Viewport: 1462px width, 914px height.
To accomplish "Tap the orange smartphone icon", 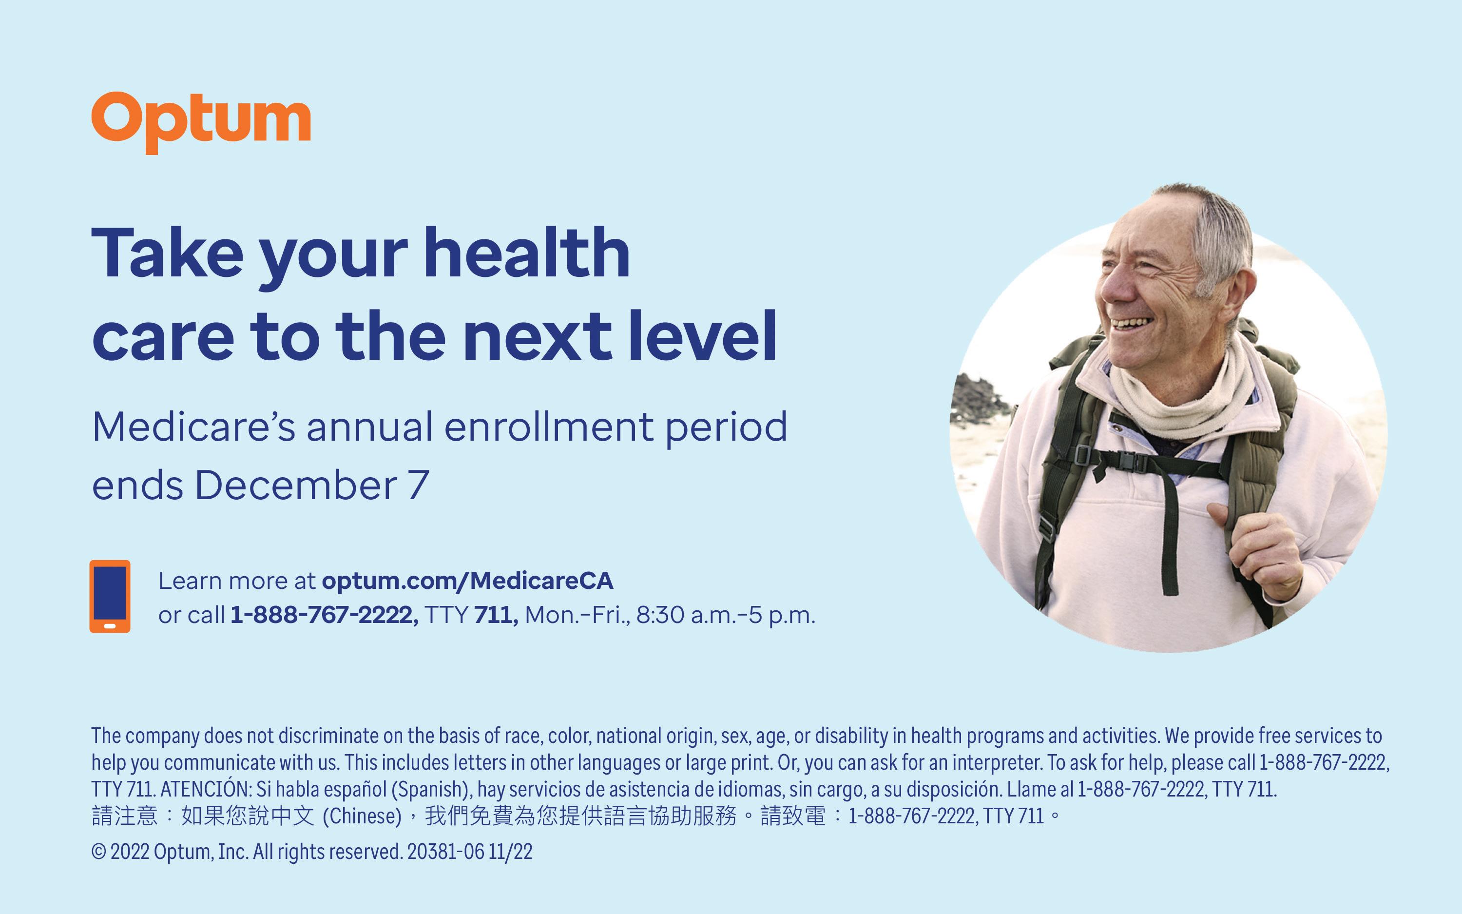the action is (x=110, y=597).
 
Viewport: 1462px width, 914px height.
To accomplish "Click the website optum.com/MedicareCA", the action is (x=468, y=581).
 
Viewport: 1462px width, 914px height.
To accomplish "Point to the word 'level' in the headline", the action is (x=702, y=335).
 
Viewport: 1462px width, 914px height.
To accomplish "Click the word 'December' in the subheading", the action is (x=296, y=486).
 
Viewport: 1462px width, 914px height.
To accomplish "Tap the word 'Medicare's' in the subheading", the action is (x=194, y=427).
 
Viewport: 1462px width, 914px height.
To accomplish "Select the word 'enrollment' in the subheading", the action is (x=549, y=427).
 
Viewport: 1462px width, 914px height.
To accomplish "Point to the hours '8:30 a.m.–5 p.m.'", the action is (x=726, y=615).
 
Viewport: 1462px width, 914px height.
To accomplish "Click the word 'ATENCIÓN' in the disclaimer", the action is (x=205, y=789).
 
